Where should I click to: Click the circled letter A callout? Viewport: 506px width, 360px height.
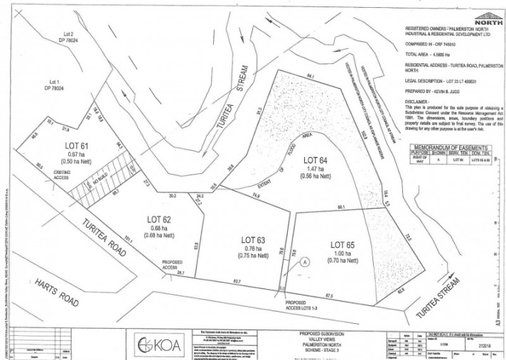pyautogui.click(x=306, y=261)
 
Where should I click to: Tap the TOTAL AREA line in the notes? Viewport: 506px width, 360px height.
pyautogui.click(x=431, y=53)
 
